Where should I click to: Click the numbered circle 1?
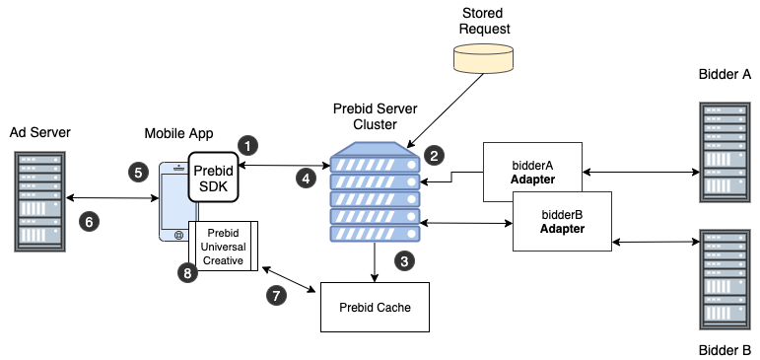[248, 145]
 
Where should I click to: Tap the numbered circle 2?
[434, 155]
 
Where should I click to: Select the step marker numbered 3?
[403, 261]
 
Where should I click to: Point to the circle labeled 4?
[306, 179]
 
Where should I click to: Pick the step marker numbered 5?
[138, 172]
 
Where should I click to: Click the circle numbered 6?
[89, 222]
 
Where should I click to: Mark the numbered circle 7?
[278, 295]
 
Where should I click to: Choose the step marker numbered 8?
[186, 273]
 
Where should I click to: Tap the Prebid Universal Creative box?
[223, 246]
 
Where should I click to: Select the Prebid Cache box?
[375, 307]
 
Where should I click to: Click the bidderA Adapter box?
[532, 172]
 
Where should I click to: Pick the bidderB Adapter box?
[562, 221]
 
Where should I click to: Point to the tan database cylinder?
[483, 57]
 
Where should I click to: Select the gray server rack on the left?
[40, 202]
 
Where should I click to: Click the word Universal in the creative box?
[223, 246]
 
